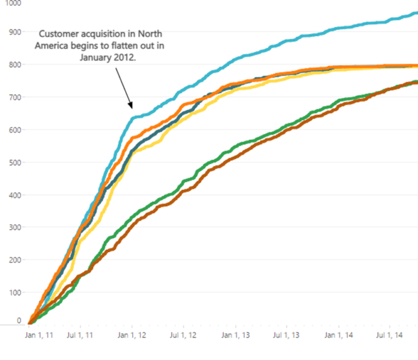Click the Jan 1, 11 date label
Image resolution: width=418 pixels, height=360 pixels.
(39, 336)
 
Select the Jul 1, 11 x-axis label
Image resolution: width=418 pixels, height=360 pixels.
(80, 336)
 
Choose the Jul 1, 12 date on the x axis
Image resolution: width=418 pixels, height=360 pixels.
(182, 336)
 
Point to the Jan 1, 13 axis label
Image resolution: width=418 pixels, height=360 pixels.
(235, 336)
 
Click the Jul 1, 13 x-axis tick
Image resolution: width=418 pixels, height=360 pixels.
(286, 336)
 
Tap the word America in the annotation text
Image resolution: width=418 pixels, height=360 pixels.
(52, 46)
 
